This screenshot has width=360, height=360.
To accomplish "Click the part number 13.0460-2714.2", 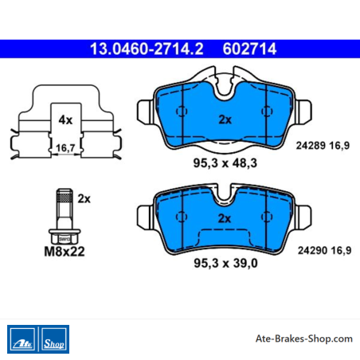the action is pyautogui.click(x=147, y=49).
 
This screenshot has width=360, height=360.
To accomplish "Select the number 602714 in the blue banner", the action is pyautogui.click(x=249, y=49).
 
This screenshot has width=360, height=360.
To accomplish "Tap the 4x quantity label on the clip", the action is pyautogui.click(x=65, y=119).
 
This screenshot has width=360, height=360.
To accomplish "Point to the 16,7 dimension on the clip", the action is pyautogui.click(x=65, y=147).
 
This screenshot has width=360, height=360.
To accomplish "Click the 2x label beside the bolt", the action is pyautogui.click(x=84, y=198).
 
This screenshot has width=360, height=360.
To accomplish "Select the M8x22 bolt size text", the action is pyautogui.click(x=65, y=252).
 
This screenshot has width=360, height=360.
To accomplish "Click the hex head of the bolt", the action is pyautogui.click(x=65, y=237).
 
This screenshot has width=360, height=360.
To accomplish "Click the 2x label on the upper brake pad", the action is pyautogui.click(x=225, y=119).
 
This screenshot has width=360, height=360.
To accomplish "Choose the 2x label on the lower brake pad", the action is pyautogui.click(x=225, y=218).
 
